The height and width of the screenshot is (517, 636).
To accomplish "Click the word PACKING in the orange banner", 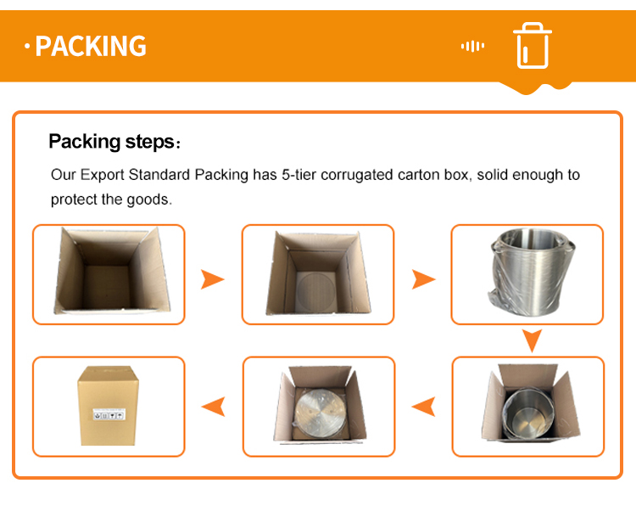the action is (x=91, y=46).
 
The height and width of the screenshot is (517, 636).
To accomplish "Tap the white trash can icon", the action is (x=533, y=46).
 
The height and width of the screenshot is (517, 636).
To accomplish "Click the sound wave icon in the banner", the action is (x=472, y=46).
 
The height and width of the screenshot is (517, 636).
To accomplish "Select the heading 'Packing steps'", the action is (x=112, y=142).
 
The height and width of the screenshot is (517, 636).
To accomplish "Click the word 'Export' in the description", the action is (x=103, y=175).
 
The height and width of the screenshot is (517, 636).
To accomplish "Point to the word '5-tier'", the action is (x=299, y=175).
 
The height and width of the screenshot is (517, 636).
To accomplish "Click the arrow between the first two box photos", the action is (x=212, y=279).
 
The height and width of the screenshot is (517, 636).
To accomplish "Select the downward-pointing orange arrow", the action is (x=532, y=340).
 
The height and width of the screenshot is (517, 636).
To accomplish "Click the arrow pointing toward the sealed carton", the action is (x=214, y=406).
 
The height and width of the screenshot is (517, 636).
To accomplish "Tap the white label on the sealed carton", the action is (x=109, y=414).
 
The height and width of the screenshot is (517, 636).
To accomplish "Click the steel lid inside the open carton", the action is (x=320, y=413).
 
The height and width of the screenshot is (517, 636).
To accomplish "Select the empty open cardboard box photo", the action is (x=111, y=271).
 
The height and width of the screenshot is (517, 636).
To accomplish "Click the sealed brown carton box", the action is (x=108, y=405).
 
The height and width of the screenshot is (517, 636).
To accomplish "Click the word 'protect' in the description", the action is (x=74, y=199).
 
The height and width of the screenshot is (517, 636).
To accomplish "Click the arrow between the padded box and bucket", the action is (x=423, y=279).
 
